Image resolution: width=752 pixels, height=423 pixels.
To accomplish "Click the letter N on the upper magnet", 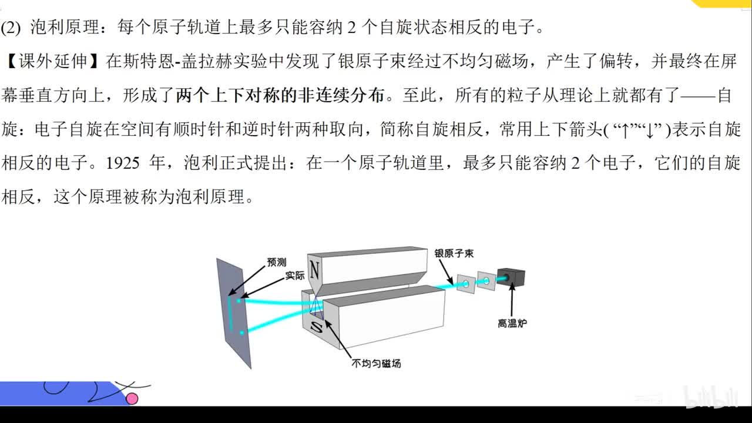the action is pos(314,271).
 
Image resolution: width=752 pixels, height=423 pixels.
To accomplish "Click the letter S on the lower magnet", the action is pos(316,326).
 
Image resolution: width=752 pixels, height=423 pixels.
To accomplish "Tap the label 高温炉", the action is pos(512,323).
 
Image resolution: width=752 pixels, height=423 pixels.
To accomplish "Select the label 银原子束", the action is pos(454,253).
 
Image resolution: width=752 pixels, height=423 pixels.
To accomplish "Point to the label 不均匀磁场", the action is pos(376,363).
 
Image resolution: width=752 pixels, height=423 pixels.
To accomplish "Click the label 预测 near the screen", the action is pos(277,262).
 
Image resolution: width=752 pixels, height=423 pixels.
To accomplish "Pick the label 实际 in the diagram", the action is pos(295,276).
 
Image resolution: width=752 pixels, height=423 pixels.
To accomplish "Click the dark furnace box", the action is pos(511,277).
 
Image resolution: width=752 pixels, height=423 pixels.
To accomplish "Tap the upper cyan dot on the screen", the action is pos(239,301).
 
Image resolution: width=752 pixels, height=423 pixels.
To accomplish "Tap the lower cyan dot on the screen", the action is pos(241,333).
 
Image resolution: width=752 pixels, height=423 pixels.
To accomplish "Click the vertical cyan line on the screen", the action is pos(230,313).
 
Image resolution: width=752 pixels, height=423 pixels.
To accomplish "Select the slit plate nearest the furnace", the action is pos(486,280).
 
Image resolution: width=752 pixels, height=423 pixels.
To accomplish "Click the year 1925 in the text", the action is pos(123,163).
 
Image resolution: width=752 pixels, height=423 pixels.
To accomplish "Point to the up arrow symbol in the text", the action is pos(625,130).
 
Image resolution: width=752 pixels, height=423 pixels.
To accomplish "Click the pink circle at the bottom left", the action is pos(132,398).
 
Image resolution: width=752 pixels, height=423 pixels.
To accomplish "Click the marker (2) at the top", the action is pos(11,28).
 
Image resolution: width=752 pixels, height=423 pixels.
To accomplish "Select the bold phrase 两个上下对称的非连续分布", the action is pos(280,95).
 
